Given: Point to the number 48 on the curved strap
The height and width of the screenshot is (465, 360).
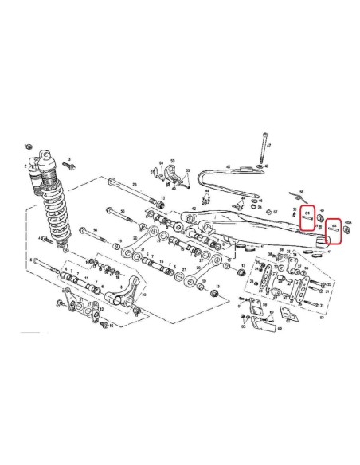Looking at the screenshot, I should tap(227, 167).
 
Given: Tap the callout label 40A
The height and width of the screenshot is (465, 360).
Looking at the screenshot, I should tap(347, 225).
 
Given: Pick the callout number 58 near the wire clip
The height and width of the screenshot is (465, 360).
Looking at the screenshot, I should tap(302, 193).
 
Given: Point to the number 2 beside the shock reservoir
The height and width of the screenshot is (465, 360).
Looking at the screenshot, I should tap(25, 167).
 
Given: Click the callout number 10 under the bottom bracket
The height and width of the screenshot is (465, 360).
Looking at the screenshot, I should tap(111, 326).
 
